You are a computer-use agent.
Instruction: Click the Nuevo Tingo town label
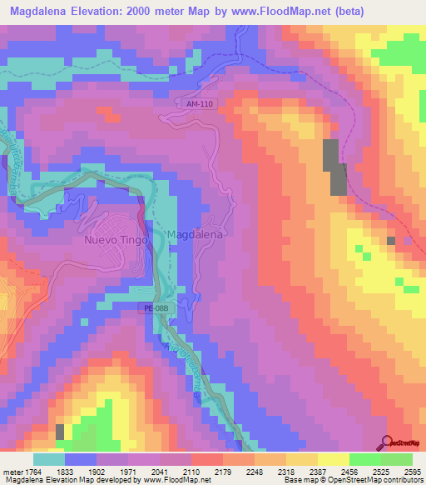coord(116,240)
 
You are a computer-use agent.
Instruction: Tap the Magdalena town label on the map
coord(196,236)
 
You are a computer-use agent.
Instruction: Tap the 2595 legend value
coord(411,472)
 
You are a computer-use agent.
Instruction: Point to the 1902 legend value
coord(96,472)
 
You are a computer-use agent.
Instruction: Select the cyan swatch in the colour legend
coord(49,459)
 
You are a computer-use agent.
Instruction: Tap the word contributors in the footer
coord(397,480)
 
